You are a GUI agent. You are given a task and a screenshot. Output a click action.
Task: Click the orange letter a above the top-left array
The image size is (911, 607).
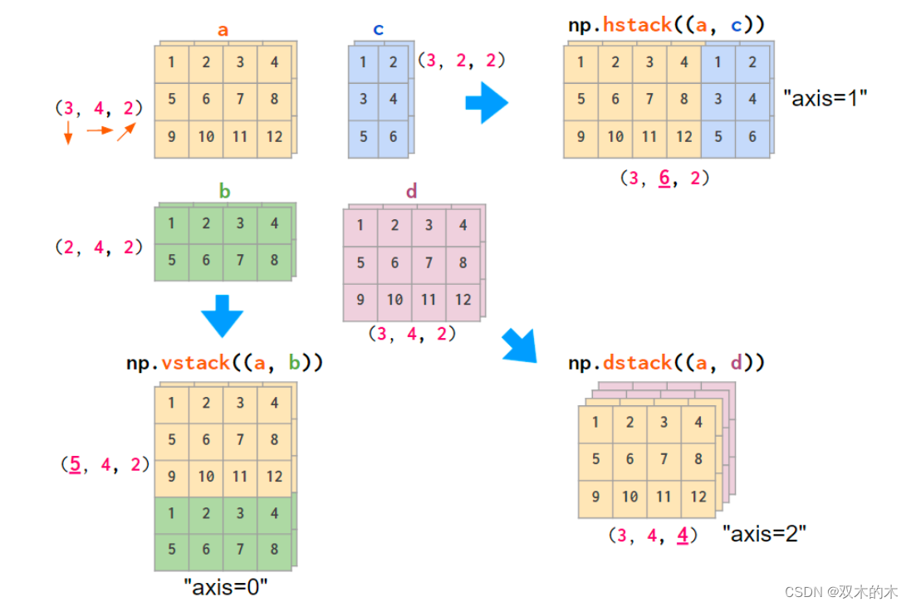pos(223,31)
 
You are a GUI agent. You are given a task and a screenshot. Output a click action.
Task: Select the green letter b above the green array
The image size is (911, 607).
pos(224,192)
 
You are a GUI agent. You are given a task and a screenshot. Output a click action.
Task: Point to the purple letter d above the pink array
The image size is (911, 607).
pos(411,192)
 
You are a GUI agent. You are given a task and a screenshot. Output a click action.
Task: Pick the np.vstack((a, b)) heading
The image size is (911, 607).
pos(224,363)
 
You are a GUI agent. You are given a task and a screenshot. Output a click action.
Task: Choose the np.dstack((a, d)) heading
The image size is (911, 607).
pos(667,363)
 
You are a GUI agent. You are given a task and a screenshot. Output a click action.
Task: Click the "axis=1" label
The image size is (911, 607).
pos(825,97)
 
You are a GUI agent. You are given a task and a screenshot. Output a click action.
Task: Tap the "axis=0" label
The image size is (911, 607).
pos(226,587)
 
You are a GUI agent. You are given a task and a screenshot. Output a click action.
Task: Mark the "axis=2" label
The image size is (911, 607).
pos(765,534)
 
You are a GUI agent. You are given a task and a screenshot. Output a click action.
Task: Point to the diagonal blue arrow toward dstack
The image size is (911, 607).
pos(520,345)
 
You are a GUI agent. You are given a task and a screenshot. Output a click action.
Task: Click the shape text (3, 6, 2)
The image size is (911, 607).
pos(664,179)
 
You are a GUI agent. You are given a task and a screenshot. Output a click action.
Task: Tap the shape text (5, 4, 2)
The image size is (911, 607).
pos(105,464)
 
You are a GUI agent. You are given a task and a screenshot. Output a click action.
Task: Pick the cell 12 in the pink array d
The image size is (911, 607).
pos(463,300)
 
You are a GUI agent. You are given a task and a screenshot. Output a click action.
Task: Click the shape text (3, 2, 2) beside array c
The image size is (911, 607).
pos(462,60)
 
